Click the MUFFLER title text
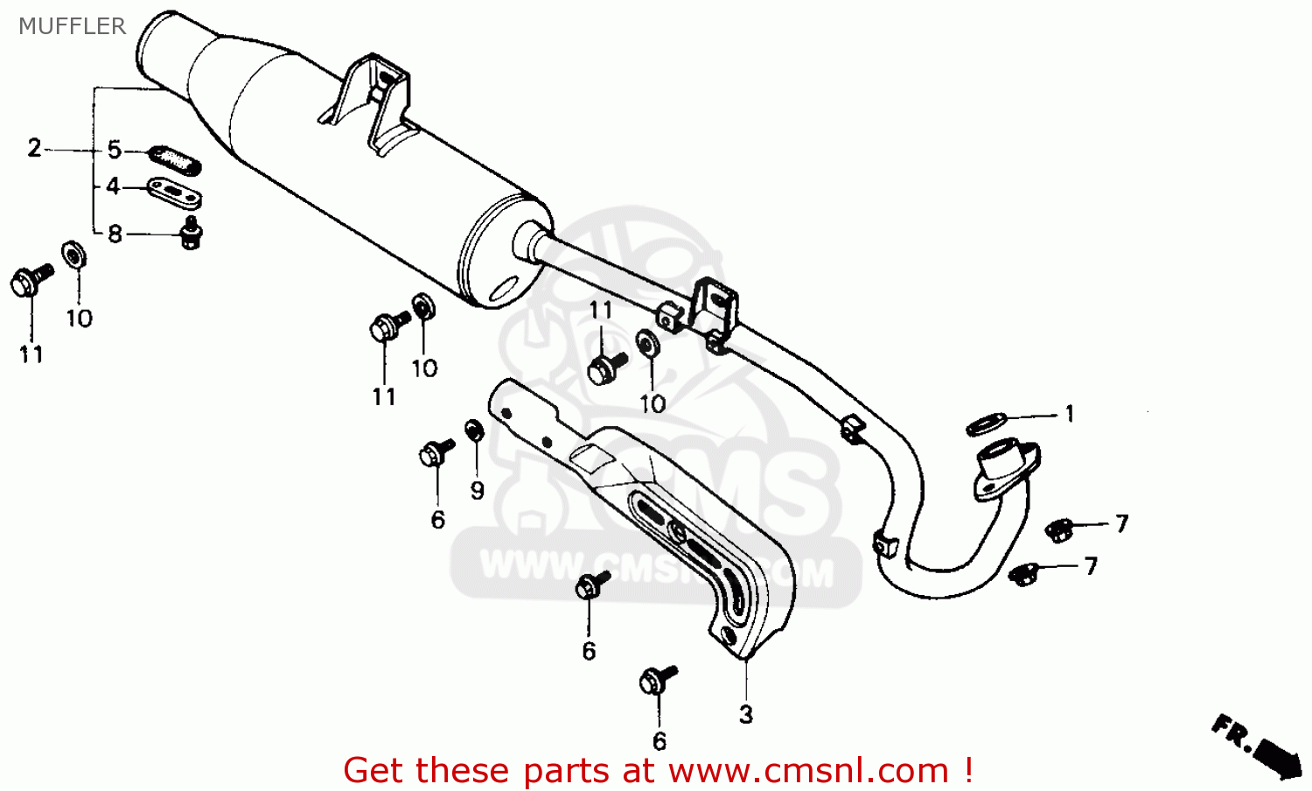pyautogui.click(x=72, y=26)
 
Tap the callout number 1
pyautogui.click(x=1069, y=414)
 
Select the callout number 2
pyautogui.click(x=34, y=148)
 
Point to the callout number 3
pyautogui.click(x=745, y=715)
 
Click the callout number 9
pyautogui.click(x=477, y=490)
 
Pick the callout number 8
pyautogui.click(x=115, y=234)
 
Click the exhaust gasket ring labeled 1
pyautogui.click(x=986, y=424)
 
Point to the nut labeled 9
pyautogui.click(x=475, y=430)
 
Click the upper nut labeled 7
pyautogui.click(x=1059, y=528)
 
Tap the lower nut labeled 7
pyautogui.click(x=1022, y=574)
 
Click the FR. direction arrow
pyautogui.click(x=1259, y=745)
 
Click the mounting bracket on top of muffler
pyautogui.click(x=374, y=101)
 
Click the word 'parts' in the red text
pyautogui.click(x=565, y=771)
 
